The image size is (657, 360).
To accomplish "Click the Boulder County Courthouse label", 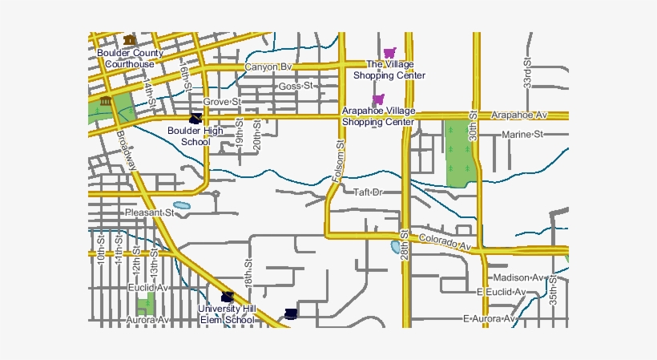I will click(x=130, y=59).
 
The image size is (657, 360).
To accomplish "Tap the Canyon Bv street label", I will click(x=268, y=67).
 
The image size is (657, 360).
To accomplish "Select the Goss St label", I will click(x=295, y=86).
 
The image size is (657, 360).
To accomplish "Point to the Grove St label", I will click(x=221, y=102).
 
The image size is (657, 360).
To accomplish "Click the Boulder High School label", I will click(x=195, y=136).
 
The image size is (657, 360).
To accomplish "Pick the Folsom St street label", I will click(x=340, y=165).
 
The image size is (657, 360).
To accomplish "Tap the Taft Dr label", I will click(x=369, y=192).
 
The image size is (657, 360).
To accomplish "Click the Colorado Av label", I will click(x=445, y=241).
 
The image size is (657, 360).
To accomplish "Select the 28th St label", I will click(x=405, y=244).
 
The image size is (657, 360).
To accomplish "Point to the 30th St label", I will click(x=474, y=127).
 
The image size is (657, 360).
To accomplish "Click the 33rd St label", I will click(x=527, y=72).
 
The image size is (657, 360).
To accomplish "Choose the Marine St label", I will click(x=522, y=134).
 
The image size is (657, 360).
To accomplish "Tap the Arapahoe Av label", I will click(x=519, y=115).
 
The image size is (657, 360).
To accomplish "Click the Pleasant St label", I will click(x=150, y=212).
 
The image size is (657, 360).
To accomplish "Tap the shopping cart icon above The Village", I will click(x=389, y=53).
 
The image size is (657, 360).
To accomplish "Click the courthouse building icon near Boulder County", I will click(x=130, y=39).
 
